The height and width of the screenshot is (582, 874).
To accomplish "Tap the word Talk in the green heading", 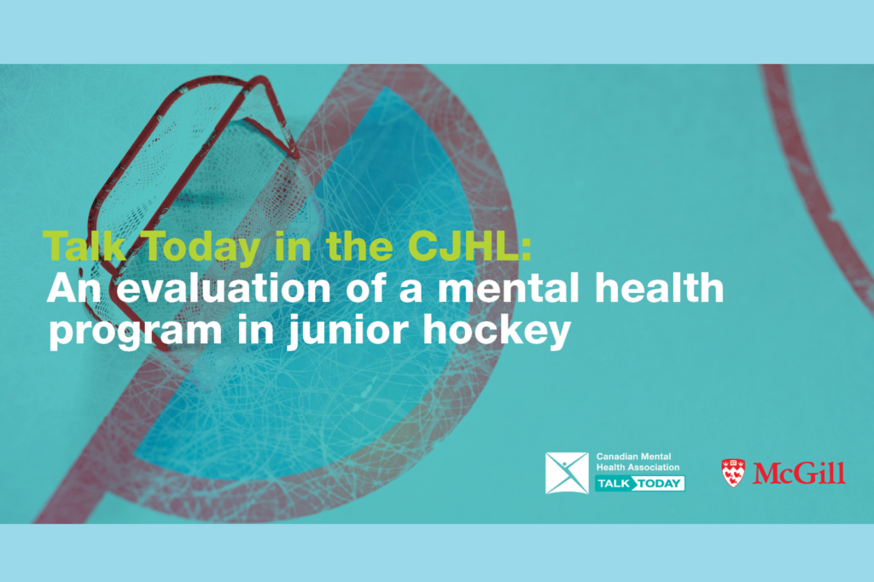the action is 84,246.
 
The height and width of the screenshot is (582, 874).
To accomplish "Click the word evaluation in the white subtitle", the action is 224,288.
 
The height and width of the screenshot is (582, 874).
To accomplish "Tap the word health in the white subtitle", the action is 660,288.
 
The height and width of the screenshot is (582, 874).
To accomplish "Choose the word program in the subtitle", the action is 136,333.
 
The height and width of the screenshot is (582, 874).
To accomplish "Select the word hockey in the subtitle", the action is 497,331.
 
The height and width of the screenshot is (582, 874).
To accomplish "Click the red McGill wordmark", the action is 799,474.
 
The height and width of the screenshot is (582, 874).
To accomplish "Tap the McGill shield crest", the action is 733,474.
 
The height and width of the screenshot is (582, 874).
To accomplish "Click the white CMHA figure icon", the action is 567,474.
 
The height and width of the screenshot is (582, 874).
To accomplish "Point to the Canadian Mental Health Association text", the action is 638,463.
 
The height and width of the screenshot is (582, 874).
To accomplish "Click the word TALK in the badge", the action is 614,484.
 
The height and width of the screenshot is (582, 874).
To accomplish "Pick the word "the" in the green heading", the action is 359,246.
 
